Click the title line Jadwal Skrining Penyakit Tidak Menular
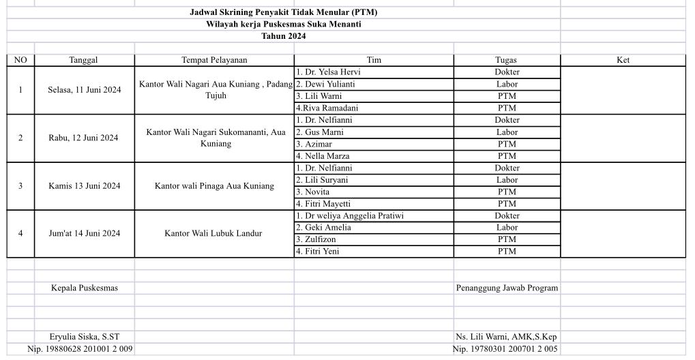coord(283,12)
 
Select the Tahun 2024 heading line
coord(283,36)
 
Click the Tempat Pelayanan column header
coord(214,60)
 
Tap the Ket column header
coord(623,60)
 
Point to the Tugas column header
coord(507,60)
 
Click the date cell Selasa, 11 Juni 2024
coord(85,90)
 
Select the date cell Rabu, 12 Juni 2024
coord(83,138)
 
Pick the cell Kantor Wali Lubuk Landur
coord(213,233)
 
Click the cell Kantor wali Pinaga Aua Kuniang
coord(214,185)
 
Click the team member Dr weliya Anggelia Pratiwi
coord(349,216)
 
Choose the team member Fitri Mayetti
coord(323,204)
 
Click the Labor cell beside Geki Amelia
coord(507,228)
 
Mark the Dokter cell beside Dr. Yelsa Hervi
coord(507,72)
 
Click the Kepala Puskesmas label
coord(85,288)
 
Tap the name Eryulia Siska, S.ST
coord(85,337)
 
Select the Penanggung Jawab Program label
coord(507,288)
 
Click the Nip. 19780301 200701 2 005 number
coord(505,349)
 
